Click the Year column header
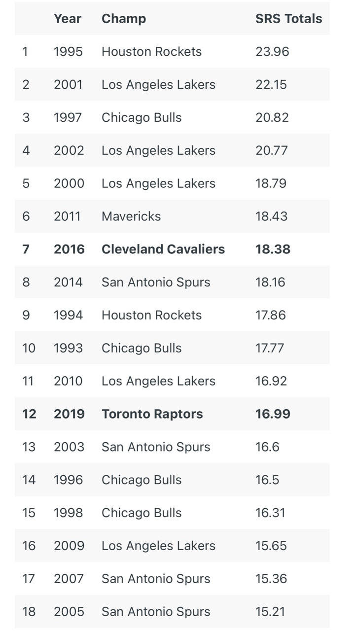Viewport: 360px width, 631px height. pos(68,19)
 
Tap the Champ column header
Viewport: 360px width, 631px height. pos(124,19)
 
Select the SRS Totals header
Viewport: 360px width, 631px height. pos(288,19)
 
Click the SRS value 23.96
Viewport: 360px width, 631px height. pos(272,52)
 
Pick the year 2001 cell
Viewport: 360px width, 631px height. pos(68,85)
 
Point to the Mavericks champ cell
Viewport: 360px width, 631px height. pos(131,216)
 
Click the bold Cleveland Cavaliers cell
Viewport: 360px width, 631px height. pos(163,249)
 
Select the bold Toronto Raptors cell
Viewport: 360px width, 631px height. pos(152,414)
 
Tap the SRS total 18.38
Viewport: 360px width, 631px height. pos(273,249)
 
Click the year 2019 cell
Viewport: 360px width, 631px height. pos(69,414)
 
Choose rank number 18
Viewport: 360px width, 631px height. pos(29,612)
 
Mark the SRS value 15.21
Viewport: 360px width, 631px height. pos(271,612)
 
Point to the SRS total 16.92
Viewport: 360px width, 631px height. pos(271,381)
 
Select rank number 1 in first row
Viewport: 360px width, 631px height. pos(25,52)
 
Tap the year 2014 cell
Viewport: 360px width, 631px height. pos(68,282)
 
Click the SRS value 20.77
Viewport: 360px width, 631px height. pos(271,150)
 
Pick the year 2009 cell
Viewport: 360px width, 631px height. pos(69,546)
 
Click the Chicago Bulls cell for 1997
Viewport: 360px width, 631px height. pos(142,118)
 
